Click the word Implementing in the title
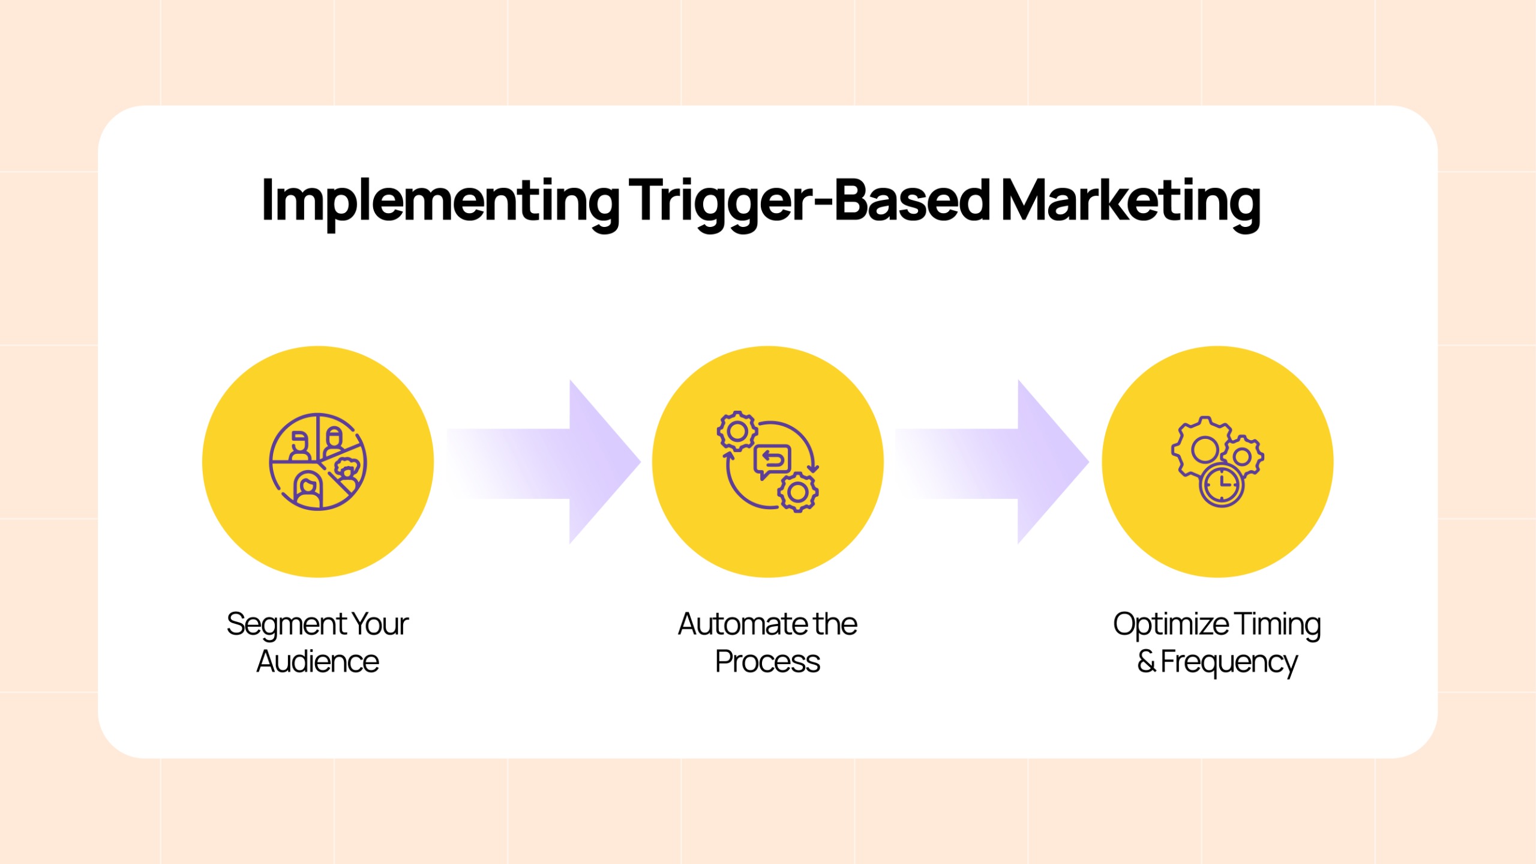click(440, 202)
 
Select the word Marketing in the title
click(1130, 202)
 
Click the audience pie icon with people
click(318, 462)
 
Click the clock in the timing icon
click(1222, 485)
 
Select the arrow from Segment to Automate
click(544, 462)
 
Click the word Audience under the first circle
click(318, 662)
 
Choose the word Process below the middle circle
click(768, 662)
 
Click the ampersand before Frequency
click(1147, 662)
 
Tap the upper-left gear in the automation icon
click(737, 431)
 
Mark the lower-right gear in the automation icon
click(798, 492)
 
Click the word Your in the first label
click(380, 624)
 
